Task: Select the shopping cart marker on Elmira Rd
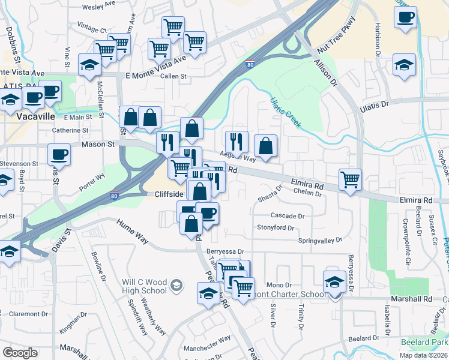pyautogui.click(x=350, y=179)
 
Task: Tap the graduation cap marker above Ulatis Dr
pyautogui.click(x=405, y=64)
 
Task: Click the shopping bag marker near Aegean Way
pyautogui.click(x=265, y=145)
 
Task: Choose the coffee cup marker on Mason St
pyautogui.click(x=59, y=154)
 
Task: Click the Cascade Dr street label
pyautogui.click(x=288, y=215)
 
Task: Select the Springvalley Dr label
pyautogui.click(x=320, y=240)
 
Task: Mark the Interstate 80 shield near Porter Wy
pyautogui.click(x=114, y=195)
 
